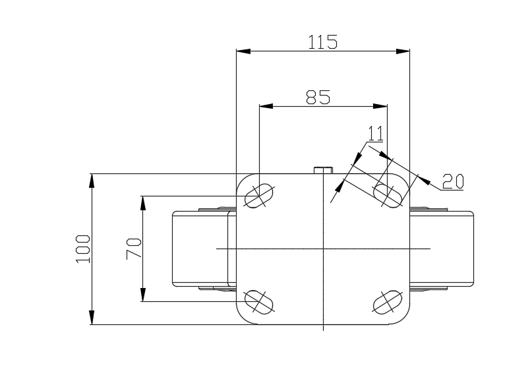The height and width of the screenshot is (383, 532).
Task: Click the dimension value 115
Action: coord(322,42)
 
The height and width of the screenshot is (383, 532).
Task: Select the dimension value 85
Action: coord(318,98)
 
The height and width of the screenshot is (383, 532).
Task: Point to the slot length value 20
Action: coord(453,181)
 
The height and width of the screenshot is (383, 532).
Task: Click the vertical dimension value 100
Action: coord(83,249)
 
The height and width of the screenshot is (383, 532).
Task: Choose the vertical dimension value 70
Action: coord(134,249)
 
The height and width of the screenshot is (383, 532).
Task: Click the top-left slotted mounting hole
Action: coord(258,196)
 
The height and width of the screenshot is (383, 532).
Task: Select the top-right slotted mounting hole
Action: coord(388,196)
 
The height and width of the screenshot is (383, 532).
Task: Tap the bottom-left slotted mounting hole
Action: coord(258,302)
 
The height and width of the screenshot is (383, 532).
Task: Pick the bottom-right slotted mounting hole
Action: coord(388,302)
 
